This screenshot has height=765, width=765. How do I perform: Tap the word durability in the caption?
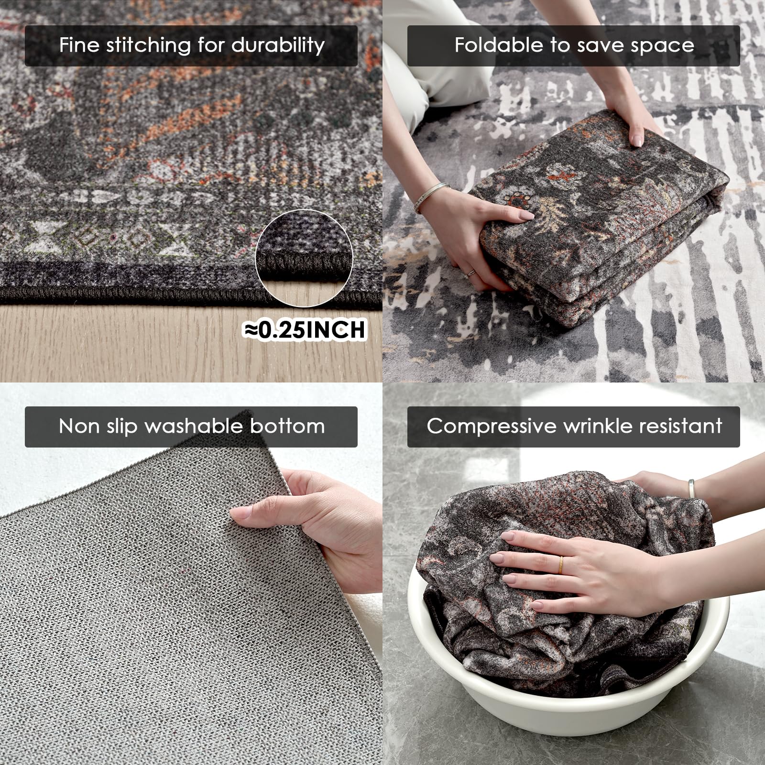(278, 45)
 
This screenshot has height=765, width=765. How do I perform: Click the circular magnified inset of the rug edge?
(305, 259)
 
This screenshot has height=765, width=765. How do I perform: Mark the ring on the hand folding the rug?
(471, 273)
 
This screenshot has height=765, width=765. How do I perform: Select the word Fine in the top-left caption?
(79, 45)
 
